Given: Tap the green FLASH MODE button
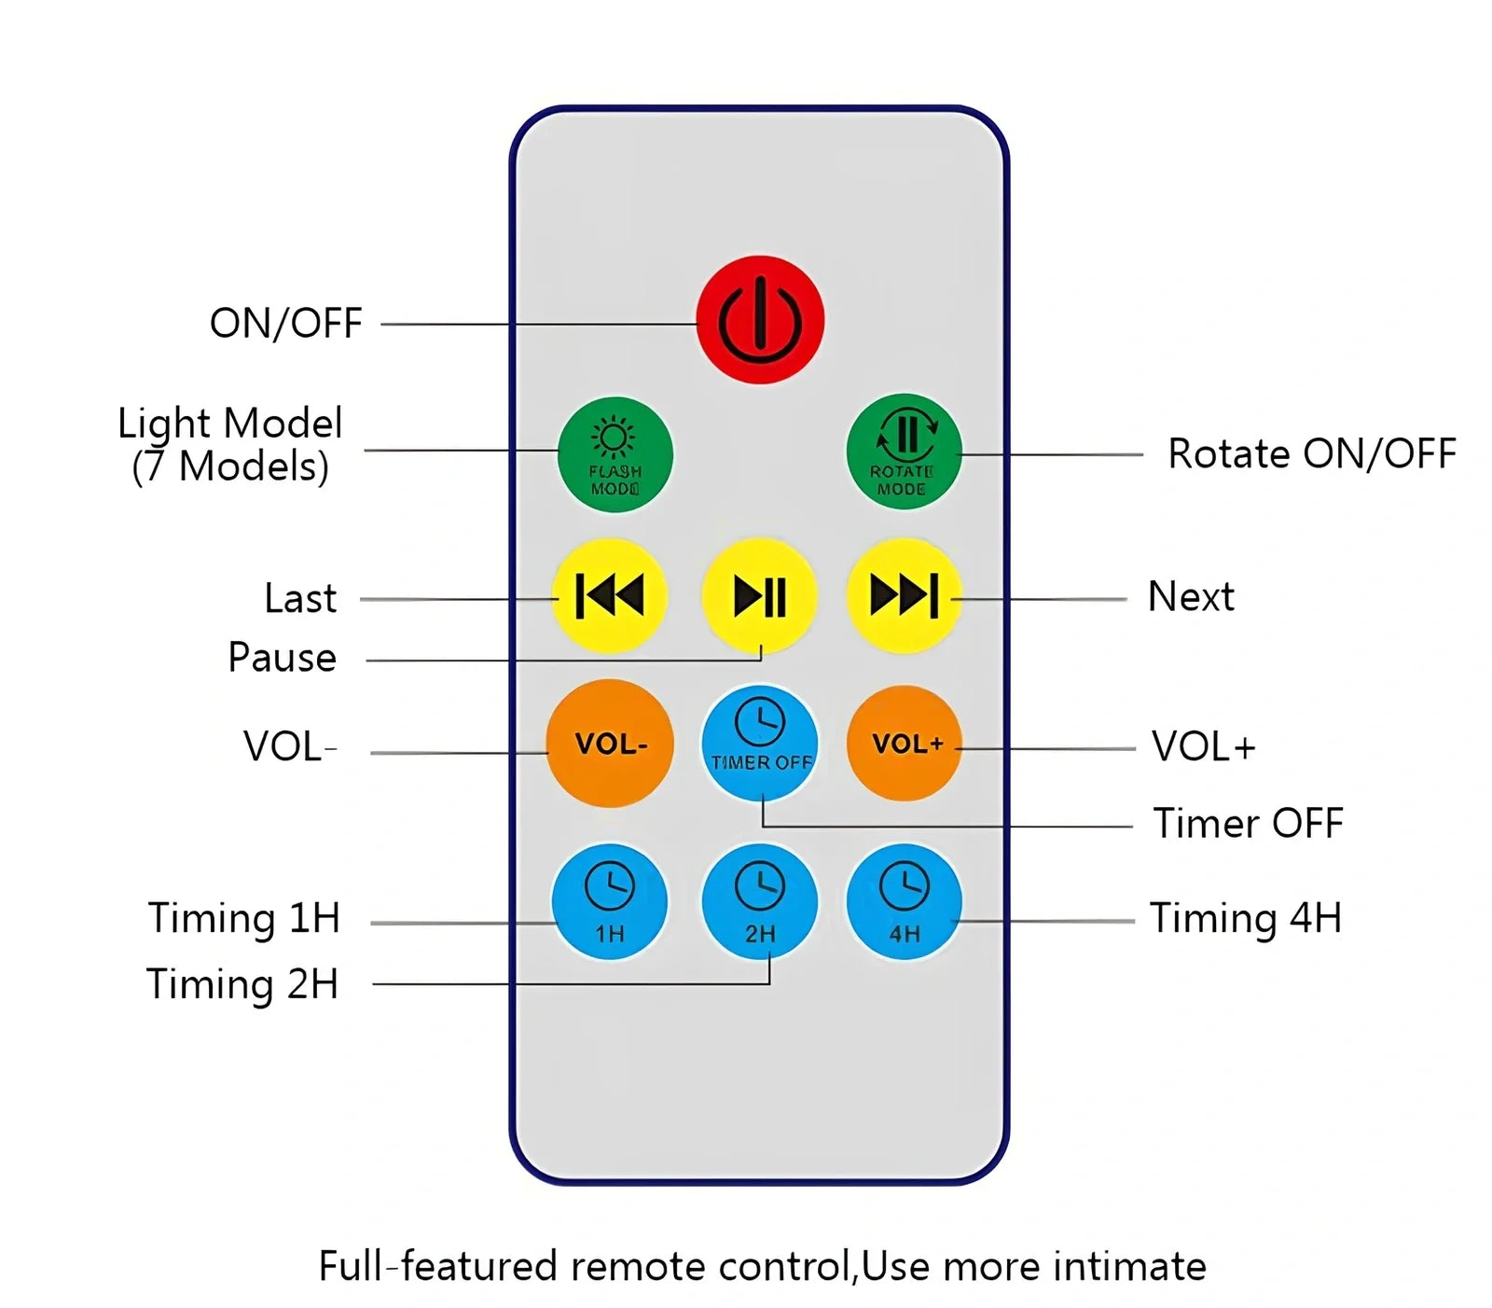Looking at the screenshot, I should pos(615,455).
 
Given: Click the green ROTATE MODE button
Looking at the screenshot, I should pos(903,452).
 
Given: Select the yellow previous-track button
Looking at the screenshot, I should pos(610,595).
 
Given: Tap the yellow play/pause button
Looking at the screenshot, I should pos(759,595).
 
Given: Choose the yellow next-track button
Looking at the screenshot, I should pos(903,595).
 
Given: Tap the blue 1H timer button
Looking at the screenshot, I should pos(610,901).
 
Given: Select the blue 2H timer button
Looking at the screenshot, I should pos(759,901).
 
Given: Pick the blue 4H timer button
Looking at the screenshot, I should pos(904,901).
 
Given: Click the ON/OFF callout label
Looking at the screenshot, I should pos(285,324).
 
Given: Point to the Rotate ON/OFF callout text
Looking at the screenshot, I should pos(1311,454).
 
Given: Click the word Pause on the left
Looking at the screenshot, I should pos(282,658).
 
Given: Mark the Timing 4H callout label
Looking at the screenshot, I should pos(1245,918).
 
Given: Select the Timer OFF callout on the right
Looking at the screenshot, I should pos(1248,824).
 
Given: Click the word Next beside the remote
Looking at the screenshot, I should pos(1191,597).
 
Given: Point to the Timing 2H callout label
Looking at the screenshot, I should pos(242,985).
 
